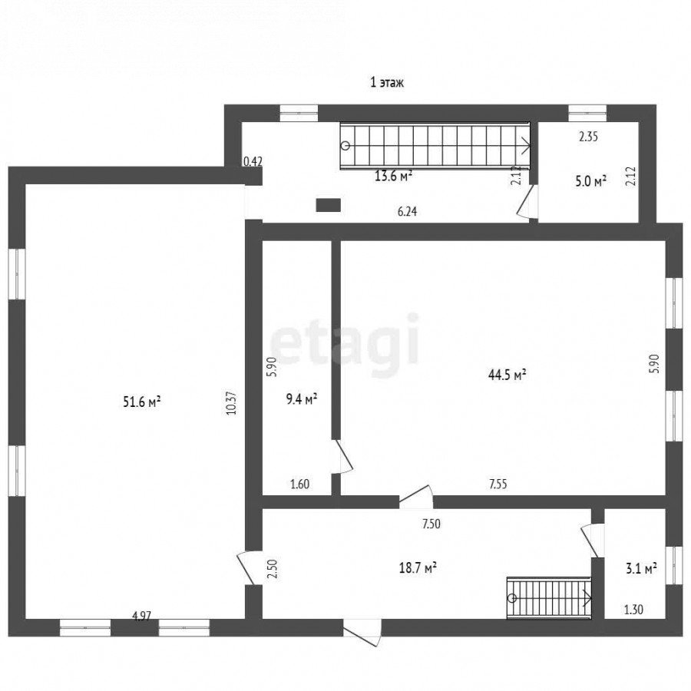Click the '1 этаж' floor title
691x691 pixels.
[386, 82]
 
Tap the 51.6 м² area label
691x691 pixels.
[141, 402]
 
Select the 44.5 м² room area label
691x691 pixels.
[507, 375]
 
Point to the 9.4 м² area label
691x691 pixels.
[302, 399]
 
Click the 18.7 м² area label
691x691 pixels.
[418, 567]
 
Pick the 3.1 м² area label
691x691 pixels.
[641, 568]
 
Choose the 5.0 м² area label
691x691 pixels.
[591, 181]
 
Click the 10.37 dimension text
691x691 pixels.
[232, 403]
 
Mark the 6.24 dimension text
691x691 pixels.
[407, 212]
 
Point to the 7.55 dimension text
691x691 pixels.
[498, 484]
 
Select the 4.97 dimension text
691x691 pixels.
[141, 616]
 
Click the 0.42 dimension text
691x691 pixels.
[253, 161]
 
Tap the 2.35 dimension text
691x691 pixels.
[588, 137]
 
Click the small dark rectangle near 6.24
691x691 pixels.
[329, 205]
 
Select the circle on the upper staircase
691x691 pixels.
[345, 145]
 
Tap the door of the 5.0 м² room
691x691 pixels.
[527, 201]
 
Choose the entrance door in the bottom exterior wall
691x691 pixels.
[362, 633]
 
